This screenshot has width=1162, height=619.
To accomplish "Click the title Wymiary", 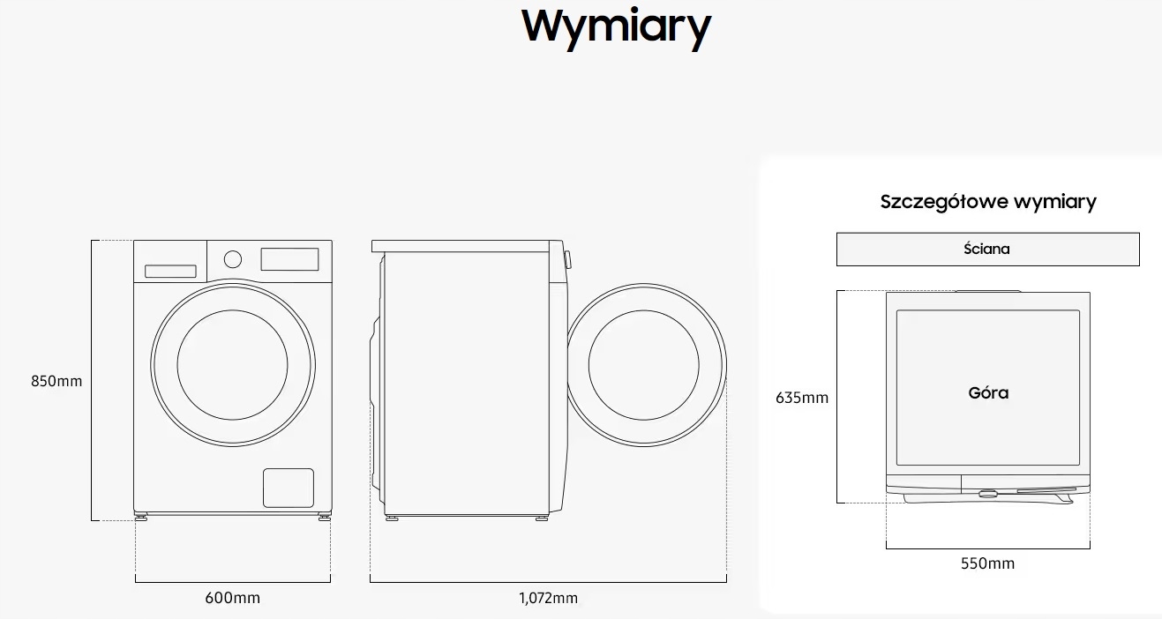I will coord(616,26).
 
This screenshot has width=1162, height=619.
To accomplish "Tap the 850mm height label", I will coord(56,381).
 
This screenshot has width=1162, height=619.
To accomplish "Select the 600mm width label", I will coord(233,598).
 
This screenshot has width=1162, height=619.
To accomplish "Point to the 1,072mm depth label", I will coord(548,598).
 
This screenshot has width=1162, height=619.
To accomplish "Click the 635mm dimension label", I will coord(802,398).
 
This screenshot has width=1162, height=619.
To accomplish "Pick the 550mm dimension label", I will coord(987,563).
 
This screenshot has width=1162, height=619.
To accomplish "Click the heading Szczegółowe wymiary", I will coord(988,201).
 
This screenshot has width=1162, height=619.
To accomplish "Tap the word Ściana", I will coord(987,249).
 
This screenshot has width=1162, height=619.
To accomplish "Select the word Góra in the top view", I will coord(988,393).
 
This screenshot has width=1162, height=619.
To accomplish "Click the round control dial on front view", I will coord(233,258).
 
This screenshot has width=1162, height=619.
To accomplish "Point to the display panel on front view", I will coord(289,259).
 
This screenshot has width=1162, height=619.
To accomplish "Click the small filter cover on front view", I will coord(289,488).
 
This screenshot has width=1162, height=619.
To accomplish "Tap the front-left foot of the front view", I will coord(141,515).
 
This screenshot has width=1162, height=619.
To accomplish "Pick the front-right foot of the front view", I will coord(325,515).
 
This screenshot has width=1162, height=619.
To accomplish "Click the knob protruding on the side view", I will coord(567,259).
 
